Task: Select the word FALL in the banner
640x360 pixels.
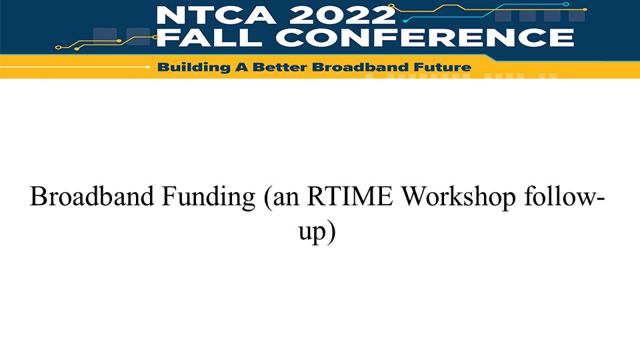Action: [x=209, y=37]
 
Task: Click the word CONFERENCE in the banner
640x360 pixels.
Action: [x=425, y=37]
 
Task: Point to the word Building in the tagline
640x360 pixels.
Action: [x=194, y=67]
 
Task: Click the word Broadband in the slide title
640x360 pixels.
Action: [x=92, y=196]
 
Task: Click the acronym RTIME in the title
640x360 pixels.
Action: [x=350, y=196]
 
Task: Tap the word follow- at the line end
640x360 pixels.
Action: [x=565, y=196]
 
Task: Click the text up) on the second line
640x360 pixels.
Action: [x=317, y=232]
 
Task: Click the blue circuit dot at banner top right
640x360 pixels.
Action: [x=566, y=4]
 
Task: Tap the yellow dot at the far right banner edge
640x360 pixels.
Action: [x=585, y=9]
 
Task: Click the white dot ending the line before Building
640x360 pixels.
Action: [x=148, y=67]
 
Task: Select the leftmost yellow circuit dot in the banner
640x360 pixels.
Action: [x=58, y=48]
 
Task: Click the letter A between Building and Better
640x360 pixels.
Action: [x=241, y=67]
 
